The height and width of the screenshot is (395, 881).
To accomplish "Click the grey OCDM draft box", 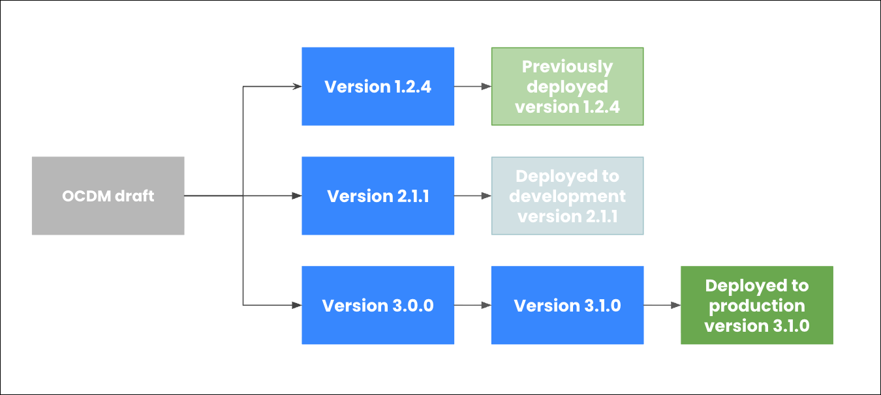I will pyautogui.click(x=108, y=196).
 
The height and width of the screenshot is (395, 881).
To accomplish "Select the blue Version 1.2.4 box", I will pyautogui.click(x=378, y=86).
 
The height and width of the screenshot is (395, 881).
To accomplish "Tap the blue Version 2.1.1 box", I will pyautogui.click(x=378, y=196).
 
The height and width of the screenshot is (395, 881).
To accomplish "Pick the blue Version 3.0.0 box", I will pyautogui.click(x=378, y=305).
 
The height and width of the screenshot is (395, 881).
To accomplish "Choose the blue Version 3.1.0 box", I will pyautogui.click(x=567, y=305).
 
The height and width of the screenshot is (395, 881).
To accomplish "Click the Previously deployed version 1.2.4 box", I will pyautogui.click(x=567, y=86).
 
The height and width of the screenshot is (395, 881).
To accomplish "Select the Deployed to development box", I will pyautogui.click(x=567, y=196).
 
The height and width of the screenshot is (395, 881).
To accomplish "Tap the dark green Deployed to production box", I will pyautogui.click(x=757, y=305).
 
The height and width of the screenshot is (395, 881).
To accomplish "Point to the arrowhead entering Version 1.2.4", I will pyautogui.click(x=296, y=86).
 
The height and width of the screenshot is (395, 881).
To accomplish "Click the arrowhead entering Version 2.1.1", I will pyautogui.click(x=296, y=196).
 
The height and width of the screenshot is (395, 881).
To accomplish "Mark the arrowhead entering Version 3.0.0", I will pyautogui.click(x=296, y=305).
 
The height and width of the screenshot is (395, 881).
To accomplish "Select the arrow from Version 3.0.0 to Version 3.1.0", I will pyautogui.click(x=472, y=305).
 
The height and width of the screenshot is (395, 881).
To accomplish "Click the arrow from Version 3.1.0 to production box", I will pyautogui.click(x=662, y=305).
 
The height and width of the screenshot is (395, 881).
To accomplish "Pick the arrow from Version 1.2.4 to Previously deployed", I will pyautogui.click(x=472, y=86).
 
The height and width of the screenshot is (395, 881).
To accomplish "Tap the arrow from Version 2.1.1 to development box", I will pyautogui.click(x=472, y=196).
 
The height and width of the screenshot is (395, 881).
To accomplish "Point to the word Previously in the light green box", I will pyautogui.click(x=567, y=66).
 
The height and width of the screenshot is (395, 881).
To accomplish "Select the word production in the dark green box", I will pyautogui.click(x=757, y=306).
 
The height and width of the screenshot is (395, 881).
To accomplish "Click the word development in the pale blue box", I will pyautogui.click(x=567, y=196).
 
